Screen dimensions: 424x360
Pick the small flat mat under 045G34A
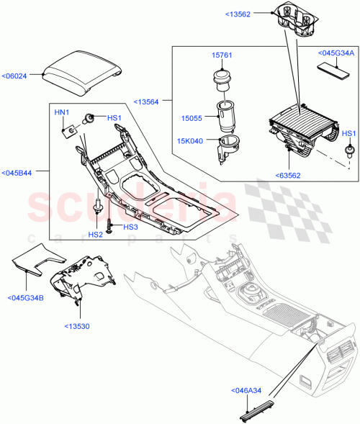pyautogui.click(x=333, y=71)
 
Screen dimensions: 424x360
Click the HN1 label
pyautogui.click(x=63, y=112)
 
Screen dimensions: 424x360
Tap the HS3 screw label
pyautogui.click(x=130, y=227)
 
